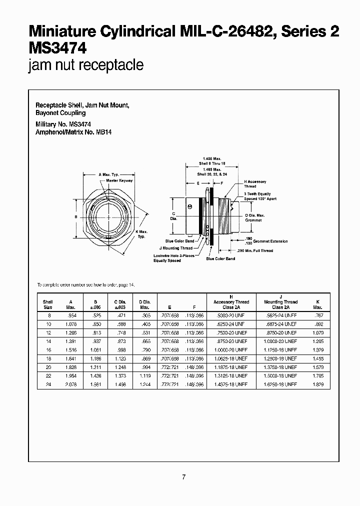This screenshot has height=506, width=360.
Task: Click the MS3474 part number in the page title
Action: click(x=58, y=48)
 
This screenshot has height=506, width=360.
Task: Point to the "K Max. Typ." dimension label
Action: click(x=142, y=233)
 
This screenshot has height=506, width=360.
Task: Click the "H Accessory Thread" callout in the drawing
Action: click(x=255, y=184)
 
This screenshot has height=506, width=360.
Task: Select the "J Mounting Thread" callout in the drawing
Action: click(x=175, y=248)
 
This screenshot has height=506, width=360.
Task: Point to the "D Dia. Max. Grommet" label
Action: click(x=255, y=217)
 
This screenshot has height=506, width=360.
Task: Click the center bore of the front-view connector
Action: click(x=108, y=217)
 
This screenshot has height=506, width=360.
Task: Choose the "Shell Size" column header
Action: click(x=47, y=304)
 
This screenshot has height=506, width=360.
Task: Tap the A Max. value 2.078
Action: click(x=71, y=384)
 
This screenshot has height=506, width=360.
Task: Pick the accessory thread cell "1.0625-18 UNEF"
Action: click(x=230, y=359)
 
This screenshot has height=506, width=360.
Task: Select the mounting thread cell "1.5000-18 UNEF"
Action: click(x=280, y=376)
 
